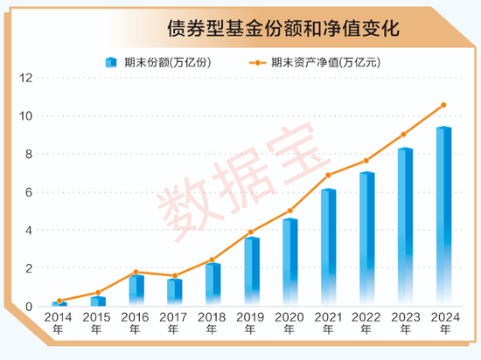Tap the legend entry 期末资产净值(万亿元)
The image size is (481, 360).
point(323,62)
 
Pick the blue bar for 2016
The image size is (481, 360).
point(136,290)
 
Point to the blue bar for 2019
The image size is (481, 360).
point(251,272)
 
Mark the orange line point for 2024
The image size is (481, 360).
point(444,105)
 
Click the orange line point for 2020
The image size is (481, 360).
point(289,211)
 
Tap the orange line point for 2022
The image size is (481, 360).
point(366,161)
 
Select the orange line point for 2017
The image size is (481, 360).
point(174,276)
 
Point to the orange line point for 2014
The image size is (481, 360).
point(59,301)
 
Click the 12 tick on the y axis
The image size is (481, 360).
point(26,78)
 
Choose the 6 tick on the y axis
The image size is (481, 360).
point(29,192)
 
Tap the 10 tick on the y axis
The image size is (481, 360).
point(26,116)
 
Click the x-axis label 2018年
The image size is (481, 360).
point(213,322)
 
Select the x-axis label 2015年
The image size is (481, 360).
point(97,322)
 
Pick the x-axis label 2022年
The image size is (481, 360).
point(366,322)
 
